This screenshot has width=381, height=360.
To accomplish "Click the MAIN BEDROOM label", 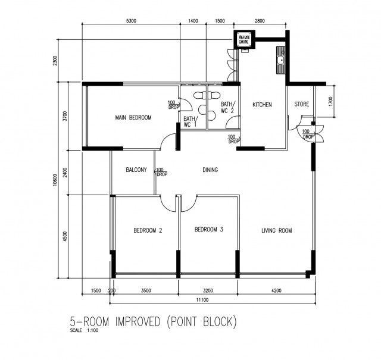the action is coord(133,118).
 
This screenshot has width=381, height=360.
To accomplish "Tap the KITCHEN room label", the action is coord(262,105).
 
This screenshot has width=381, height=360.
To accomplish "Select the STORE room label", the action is coord(302,104).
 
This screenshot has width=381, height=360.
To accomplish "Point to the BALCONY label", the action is coord(136,170).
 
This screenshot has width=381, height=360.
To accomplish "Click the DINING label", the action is coord(210,170).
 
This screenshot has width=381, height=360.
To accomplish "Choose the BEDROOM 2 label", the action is coord(148,230).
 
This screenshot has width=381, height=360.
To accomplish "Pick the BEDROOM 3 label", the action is coord(209,230).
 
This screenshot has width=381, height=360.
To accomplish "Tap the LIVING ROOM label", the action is coord(276,230).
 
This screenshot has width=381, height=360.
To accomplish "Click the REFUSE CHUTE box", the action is coord(244,39).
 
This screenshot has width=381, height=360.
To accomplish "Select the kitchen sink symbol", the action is coord(280,60).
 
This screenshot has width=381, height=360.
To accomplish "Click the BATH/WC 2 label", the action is coord(227,107).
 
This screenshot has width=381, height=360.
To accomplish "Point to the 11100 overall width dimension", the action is coord(202,300).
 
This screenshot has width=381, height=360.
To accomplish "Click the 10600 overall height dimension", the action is coord(55,180).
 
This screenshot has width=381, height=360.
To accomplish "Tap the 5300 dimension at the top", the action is coord(131,21).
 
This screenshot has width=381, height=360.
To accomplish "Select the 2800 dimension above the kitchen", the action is coord(260,21).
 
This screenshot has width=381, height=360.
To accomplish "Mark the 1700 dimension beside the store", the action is coord(330,101).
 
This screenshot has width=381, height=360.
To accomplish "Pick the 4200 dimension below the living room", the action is coord(276,290).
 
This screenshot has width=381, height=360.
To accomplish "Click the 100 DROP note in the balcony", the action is coord(161,172).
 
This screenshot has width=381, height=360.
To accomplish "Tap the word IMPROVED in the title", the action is coord(138,321).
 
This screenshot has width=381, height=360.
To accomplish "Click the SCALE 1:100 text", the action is coord(84,331).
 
